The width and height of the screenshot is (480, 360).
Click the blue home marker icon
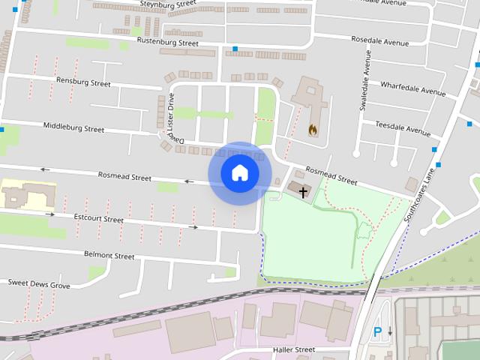tap(239, 173)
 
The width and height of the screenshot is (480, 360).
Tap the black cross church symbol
tap(303, 192)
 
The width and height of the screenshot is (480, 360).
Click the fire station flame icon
tap(312, 129)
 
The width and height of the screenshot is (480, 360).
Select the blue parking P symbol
tap(377, 331)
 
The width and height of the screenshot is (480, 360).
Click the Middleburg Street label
tap(73, 127)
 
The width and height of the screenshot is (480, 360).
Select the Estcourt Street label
tap(98, 219)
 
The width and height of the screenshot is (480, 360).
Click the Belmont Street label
tap(109, 256)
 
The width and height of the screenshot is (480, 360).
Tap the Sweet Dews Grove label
tap(39, 284)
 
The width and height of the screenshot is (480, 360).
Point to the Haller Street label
tap(295, 349)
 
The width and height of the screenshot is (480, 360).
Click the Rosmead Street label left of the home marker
tap(124, 176)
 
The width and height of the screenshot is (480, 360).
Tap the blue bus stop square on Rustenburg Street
tap(235, 49)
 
